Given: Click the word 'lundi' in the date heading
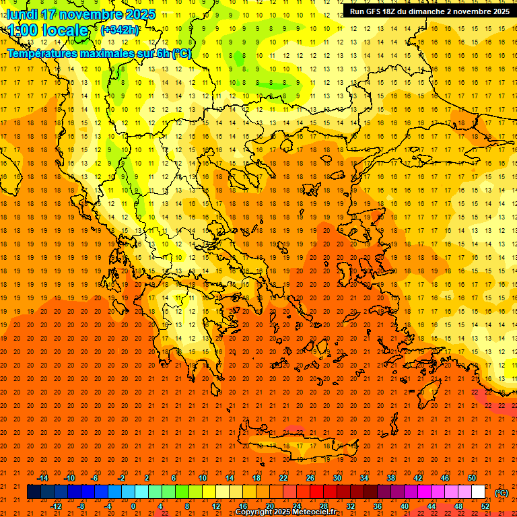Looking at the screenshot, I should (22, 14).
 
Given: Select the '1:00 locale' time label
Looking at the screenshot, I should (48, 30).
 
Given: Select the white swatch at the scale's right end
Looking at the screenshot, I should (478, 492).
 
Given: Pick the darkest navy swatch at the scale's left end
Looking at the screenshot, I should (34, 492).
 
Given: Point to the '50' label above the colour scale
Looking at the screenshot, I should (472, 478).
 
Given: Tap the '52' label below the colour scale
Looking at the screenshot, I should (485, 506).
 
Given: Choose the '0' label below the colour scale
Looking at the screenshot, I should (134, 506).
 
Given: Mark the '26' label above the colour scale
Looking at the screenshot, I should (310, 478).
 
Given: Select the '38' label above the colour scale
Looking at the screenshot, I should (391, 478).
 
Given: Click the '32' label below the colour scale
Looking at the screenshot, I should (351, 506).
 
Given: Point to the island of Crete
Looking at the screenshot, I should (296, 446).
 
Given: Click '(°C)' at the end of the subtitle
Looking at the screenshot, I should (182, 53).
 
